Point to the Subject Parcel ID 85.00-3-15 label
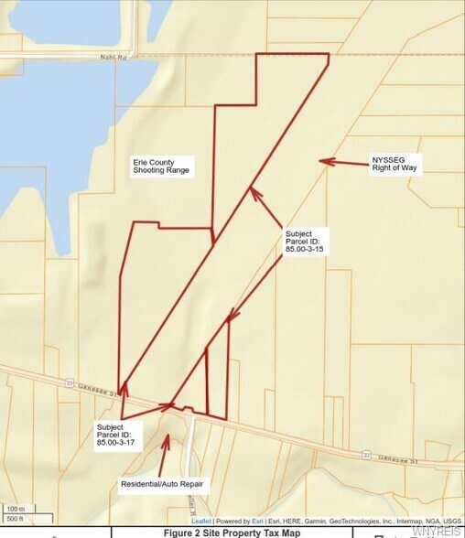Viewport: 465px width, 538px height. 305,241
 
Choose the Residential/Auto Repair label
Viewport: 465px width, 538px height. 162,482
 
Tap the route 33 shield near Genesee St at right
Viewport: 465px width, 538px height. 365,454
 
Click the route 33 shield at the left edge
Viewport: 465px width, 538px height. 68,382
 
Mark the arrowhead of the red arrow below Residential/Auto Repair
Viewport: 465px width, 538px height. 166,436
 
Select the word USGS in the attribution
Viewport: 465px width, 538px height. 452,521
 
